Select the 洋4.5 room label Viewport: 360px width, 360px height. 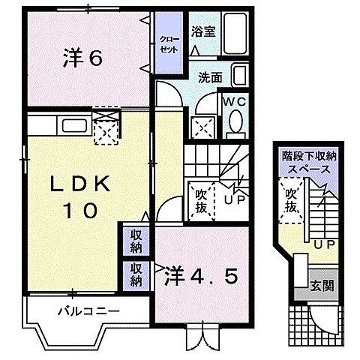(200, 277)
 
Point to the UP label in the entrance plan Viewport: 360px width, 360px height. (324, 244)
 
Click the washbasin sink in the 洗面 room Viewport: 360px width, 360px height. (238, 76)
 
